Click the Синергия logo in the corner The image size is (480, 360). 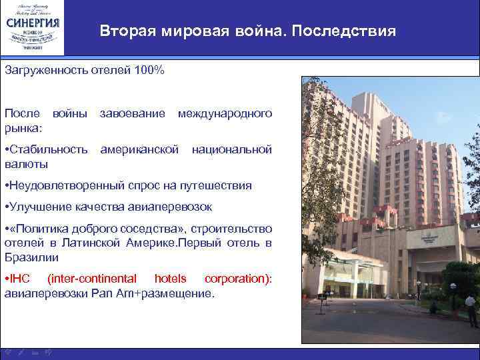(33, 28)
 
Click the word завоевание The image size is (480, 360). (133, 114)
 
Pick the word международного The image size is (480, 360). (225, 114)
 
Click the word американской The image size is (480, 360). (139, 150)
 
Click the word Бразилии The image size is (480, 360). (31, 257)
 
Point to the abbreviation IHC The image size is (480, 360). (19, 278)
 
